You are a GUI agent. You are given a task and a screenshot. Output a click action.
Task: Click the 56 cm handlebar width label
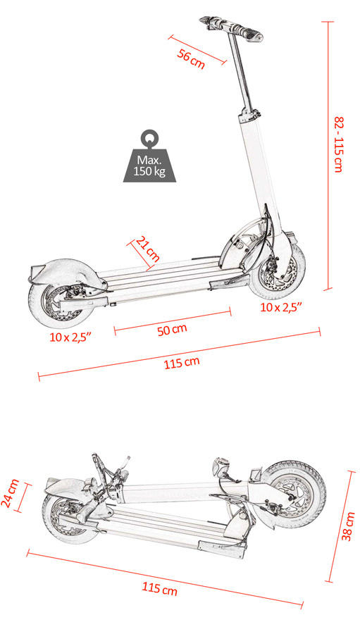coord(191,59)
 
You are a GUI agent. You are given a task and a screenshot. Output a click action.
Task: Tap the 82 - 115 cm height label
coord(339,144)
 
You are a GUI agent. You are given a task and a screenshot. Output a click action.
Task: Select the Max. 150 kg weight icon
coord(149,156)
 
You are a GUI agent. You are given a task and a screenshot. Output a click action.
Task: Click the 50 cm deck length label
coord(172,330)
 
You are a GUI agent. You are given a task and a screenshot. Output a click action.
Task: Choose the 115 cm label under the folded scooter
coord(159,588)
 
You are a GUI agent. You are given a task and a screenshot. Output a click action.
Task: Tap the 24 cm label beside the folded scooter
coord(10,493)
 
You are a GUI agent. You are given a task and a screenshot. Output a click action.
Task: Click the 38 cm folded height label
coord(348,526)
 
